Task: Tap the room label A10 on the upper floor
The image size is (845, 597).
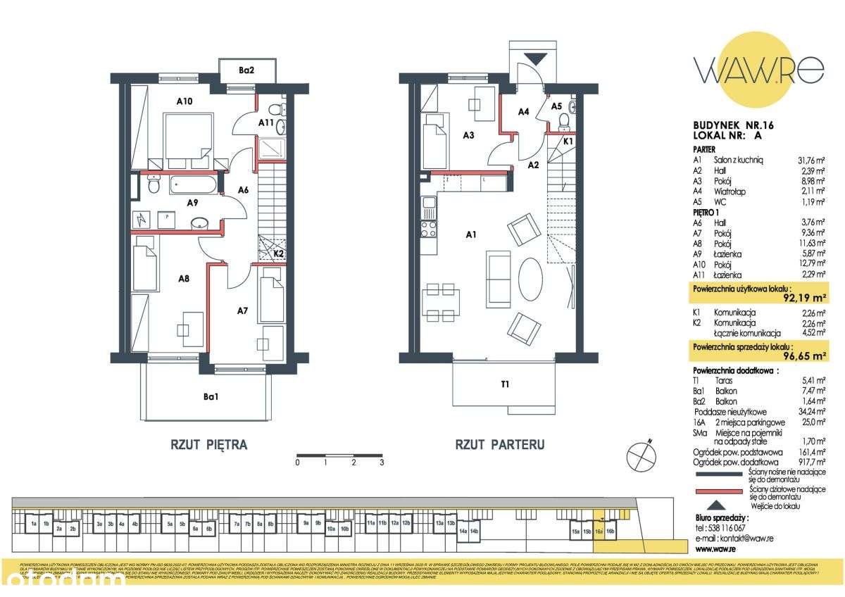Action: click(x=184, y=101)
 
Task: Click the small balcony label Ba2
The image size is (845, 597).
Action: click(x=246, y=70)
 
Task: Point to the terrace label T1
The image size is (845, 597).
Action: click(x=505, y=384)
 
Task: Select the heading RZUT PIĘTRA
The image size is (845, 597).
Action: click(x=208, y=445)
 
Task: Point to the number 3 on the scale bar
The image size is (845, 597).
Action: click(x=381, y=463)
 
